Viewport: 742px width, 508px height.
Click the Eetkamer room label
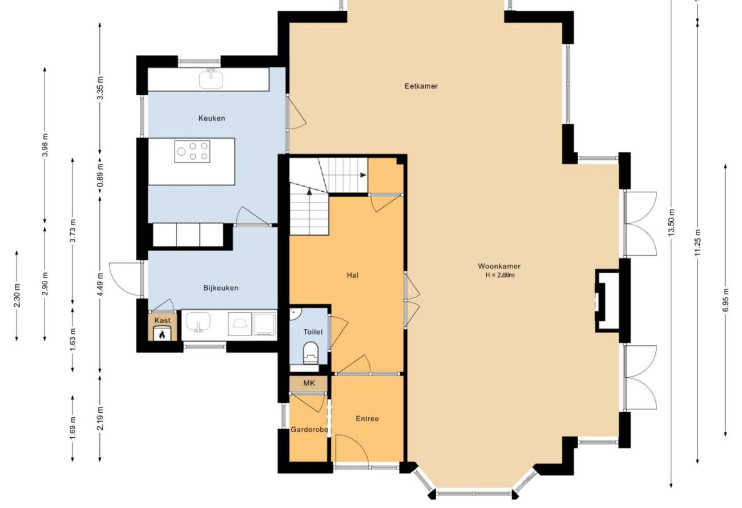(x=421, y=86)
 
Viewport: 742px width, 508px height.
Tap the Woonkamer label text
(x=499, y=266)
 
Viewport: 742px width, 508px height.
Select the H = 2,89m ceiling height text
(x=500, y=275)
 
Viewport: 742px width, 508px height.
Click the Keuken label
(x=212, y=118)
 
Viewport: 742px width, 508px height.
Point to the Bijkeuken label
(x=221, y=288)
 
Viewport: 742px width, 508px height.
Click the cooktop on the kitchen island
(x=192, y=151)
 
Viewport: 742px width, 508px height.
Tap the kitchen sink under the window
(x=211, y=79)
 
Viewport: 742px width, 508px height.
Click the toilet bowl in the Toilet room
(x=310, y=353)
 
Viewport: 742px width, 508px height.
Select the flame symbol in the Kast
(x=162, y=334)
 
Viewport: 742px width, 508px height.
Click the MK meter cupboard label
(x=309, y=383)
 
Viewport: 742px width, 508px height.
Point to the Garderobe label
(x=309, y=429)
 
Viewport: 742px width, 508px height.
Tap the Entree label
(x=368, y=418)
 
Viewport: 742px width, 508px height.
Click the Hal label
(x=353, y=275)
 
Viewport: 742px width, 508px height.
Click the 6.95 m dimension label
(x=726, y=300)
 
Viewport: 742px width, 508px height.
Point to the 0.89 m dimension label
(x=100, y=175)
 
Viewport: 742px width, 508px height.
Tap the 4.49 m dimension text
(x=100, y=284)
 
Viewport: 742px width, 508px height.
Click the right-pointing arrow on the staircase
(x=363, y=175)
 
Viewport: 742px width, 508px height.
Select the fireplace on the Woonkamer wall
(x=607, y=301)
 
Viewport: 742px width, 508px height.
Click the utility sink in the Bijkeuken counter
(x=198, y=322)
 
